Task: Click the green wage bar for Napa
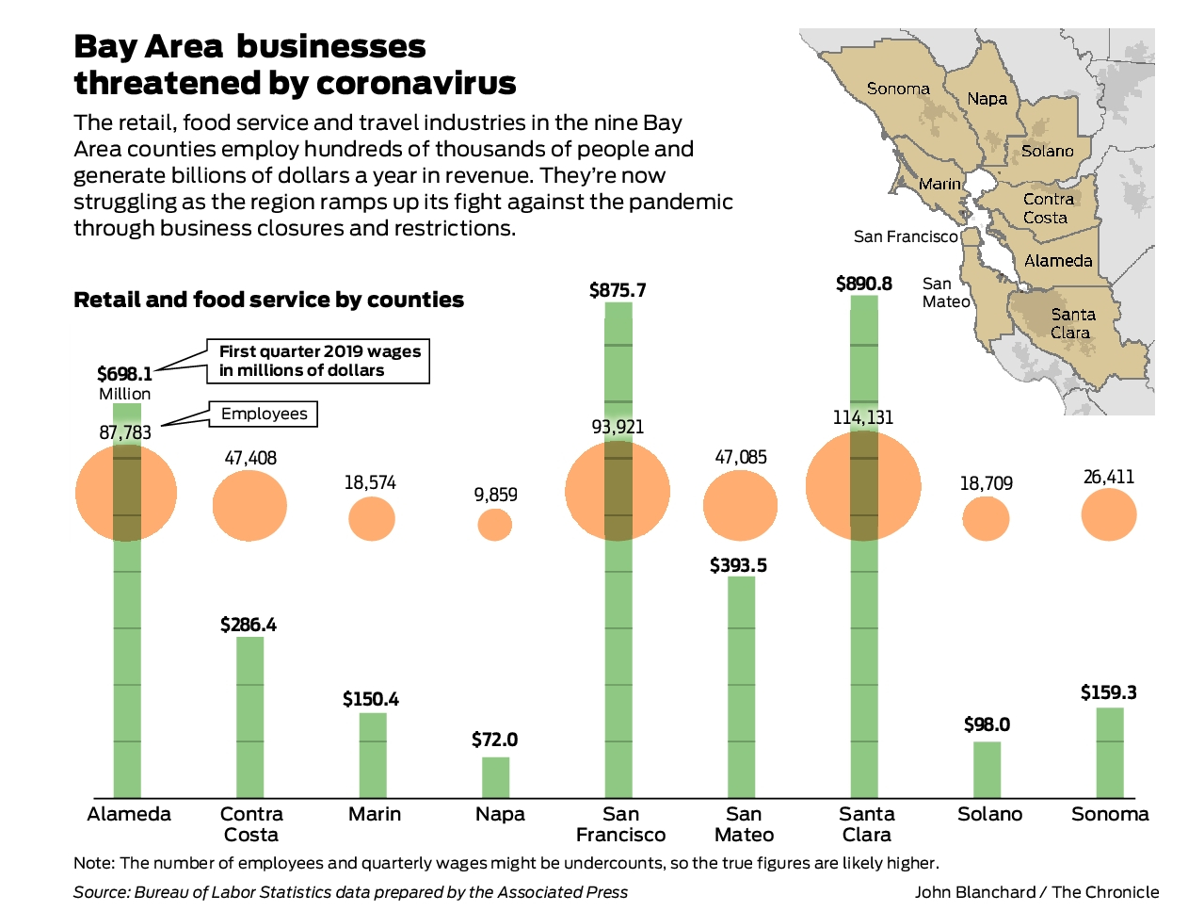(x=495, y=777)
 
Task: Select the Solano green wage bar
(x=987, y=770)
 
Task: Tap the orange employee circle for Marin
(x=372, y=518)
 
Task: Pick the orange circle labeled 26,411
(x=1109, y=515)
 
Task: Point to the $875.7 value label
(x=618, y=290)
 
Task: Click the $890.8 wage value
(x=863, y=284)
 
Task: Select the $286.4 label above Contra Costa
(x=249, y=625)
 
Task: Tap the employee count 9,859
(x=495, y=495)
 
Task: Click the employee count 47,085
(x=741, y=457)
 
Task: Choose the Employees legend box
(x=264, y=414)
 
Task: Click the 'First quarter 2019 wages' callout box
(x=319, y=361)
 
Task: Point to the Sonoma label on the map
(x=898, y=89)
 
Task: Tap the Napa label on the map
(x=987, y=99)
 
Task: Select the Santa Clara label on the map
(x=1072, y=323)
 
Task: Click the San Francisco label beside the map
(x=905, y=236)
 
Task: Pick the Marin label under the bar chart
(x=375, y=814)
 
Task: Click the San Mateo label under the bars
(x=744, y=824)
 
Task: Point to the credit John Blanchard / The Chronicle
(x=1036, y=892)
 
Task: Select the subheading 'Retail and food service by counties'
(x=268, y=300)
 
